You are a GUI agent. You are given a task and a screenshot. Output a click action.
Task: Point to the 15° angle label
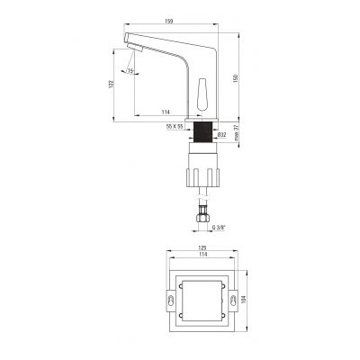pos(130,71)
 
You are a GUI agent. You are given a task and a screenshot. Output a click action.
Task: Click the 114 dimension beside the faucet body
pos(166,112)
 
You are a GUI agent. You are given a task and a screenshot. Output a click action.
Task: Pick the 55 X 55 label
pos(175,127)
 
